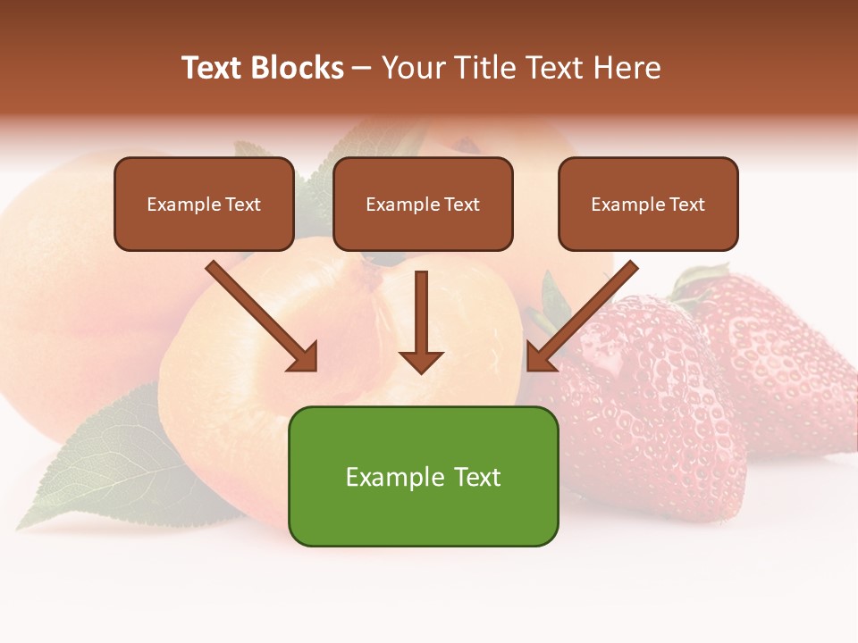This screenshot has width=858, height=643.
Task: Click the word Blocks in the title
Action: point(297,68)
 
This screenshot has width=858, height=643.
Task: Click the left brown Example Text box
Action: point(204,205)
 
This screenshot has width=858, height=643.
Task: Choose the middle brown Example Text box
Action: point(423,205)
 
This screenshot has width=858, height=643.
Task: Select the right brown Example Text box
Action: point(648,205)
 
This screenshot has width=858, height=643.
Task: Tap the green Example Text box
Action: point(423,476)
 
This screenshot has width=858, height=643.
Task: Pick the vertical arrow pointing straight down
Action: point(421,317)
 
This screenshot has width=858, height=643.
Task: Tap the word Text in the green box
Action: point(476,477)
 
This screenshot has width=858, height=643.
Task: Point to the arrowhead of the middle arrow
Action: point(421,362)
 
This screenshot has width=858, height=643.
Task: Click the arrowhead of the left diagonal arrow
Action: point(305,358)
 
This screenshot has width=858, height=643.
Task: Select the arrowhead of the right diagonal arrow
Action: point(539,358)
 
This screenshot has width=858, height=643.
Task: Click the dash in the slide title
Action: point(362,69)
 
